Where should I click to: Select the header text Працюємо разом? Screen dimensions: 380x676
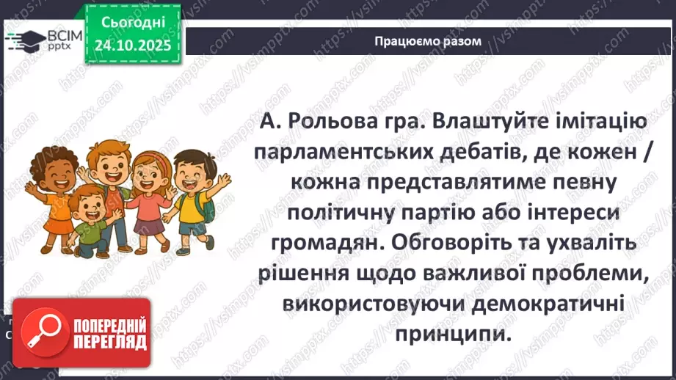click(427, 41)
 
